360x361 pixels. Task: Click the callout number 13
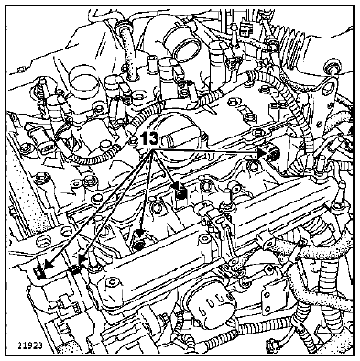tap(149, 139)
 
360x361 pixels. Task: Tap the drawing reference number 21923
tap(30, 345)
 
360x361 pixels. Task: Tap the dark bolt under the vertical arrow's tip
tap(139, 244)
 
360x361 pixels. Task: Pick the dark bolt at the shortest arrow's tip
tap(182, 194)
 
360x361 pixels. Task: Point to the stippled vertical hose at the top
tap(126, 49)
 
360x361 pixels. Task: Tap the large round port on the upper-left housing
tap(83, 83)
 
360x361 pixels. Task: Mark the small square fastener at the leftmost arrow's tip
tap(38, 272)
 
